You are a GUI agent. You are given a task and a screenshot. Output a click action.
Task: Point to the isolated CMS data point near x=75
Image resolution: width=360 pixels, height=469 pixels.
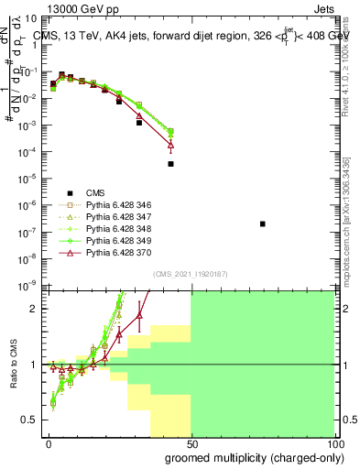click(263, 224)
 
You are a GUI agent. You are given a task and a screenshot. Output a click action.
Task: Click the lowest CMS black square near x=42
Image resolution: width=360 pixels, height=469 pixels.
click(170, 164)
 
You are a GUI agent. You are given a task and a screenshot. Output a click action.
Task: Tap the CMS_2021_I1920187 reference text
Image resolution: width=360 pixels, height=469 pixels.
click(190, 273)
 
